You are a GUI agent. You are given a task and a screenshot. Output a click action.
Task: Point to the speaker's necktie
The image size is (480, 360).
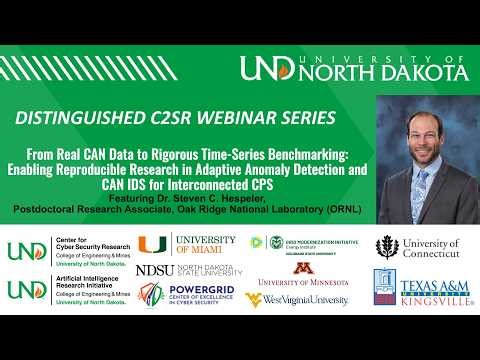pyautogui.click(x=424, y=180)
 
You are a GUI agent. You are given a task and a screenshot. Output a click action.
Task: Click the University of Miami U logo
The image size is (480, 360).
pyautogui.click(x=153, y=244)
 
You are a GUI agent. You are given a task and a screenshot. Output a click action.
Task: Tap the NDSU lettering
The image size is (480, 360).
pyautogui.click(x=154, y=270)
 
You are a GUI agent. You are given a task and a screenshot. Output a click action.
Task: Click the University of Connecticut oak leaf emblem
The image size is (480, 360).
pyautogui.click(x=387, y=247)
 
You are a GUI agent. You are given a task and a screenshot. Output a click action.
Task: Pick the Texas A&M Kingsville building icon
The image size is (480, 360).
pyautogui.click(x=389, y=287)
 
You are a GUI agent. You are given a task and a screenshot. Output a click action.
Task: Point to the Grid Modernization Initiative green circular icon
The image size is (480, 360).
pyautogui.click(x=276, y=242)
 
